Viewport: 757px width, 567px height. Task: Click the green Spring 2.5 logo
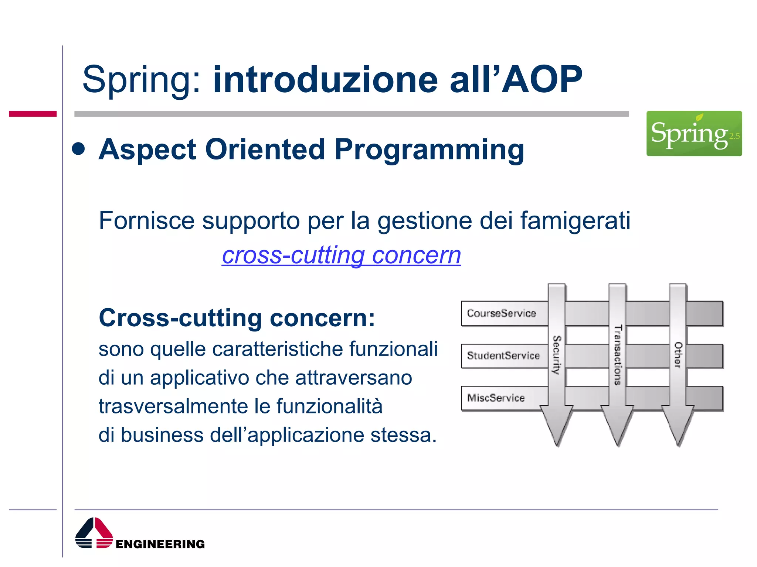pyautogui.click(x=694, y=133)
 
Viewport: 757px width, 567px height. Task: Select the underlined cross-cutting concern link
pyautogui.click(x=341, y=255)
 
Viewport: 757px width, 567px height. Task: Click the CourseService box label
pyautogui.click(x=501, y=313)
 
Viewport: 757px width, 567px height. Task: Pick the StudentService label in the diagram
pyautogui.click(x=503, y=355)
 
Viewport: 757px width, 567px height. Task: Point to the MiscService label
pyautogui.click(x=496, y=398)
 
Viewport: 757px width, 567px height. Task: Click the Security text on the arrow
pyautogui.click(x=557, y=355)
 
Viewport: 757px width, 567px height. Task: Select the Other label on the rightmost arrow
pyautogui.click(x=678, y=355)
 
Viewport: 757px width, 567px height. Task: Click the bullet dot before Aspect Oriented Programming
pyautogui.click(x=78, y=150)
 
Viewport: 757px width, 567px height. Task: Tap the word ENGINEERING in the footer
pyautogui.click(x=160, y=544)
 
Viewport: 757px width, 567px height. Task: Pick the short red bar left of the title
pyautogui.click(x=33, y=114)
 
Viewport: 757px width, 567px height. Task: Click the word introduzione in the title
pyautogui.click(x=325, y=79)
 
